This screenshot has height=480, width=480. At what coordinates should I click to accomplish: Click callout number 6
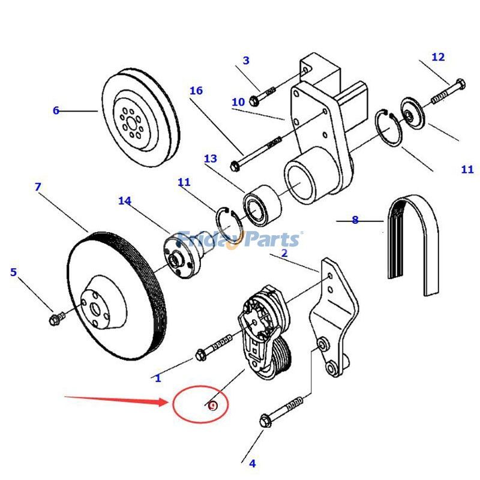pos(56,110)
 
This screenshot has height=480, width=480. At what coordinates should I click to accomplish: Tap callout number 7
pos(38,187)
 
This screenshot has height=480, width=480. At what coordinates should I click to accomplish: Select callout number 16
pos(196,91)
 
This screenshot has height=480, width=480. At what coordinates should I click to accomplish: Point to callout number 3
pos(246,61)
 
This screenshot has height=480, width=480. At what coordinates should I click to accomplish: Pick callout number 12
pos(438,57)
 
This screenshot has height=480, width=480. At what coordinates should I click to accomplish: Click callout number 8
pos(355,220)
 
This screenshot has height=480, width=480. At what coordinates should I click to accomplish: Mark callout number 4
pos(252,463)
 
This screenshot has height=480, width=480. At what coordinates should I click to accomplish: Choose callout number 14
pos(124,200)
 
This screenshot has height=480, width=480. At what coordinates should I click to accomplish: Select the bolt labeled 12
pos(447,89)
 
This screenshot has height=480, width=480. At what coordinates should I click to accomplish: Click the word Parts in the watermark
pos(270,239)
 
